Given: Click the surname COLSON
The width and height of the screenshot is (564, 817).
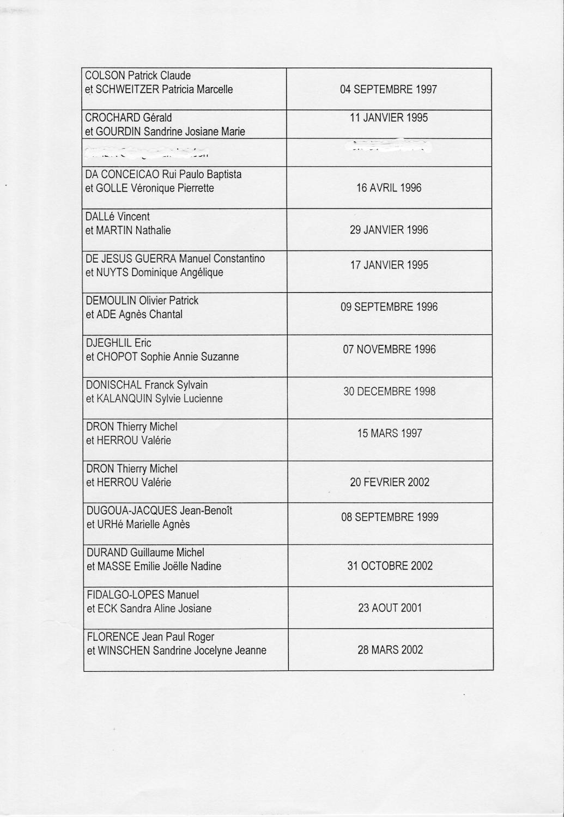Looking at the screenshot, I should point(105,76).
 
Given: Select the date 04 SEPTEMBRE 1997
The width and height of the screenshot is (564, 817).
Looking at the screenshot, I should point(389,89).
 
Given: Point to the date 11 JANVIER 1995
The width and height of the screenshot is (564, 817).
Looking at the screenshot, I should point(389,118).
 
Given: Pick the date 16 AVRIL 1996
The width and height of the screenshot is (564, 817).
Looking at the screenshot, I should point(389,188).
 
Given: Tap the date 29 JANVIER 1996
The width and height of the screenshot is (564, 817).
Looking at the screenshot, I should point(389,230).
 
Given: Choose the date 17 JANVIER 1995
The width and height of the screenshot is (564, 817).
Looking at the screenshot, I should point(389,265).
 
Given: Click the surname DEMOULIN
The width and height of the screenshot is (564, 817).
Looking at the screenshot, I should point(111,301).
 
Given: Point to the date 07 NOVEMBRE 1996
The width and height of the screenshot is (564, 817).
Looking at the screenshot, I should point(389,349).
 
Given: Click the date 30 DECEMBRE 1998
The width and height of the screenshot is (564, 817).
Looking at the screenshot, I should point(389,391).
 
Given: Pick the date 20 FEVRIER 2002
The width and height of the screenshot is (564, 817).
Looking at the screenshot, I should point(389,482).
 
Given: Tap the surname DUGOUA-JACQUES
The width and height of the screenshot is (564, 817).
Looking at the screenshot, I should point(132,510).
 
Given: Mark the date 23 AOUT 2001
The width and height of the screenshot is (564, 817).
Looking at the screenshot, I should point(390,608).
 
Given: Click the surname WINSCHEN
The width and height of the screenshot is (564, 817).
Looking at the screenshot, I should point(124,650).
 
